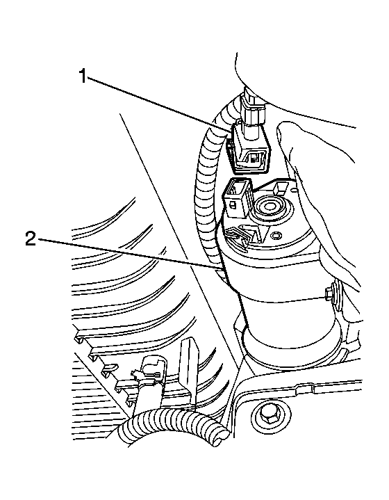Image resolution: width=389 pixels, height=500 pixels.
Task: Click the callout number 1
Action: point(83,77)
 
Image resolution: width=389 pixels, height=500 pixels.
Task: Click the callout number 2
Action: point(31,238)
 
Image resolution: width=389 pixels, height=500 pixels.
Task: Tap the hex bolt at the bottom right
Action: point(269,416)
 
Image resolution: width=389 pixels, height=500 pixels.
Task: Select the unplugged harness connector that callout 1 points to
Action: point(249,152)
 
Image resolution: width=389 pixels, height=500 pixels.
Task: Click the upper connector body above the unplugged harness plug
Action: point(251,106)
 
